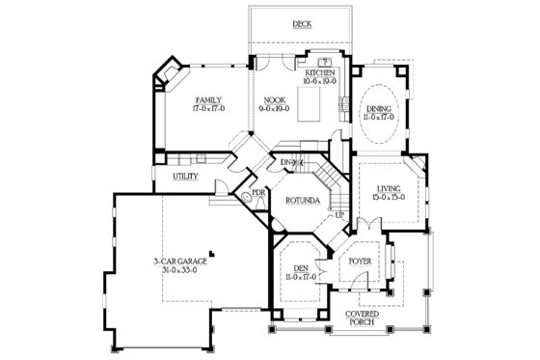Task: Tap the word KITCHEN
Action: pyautogui.click(x=320, y=73)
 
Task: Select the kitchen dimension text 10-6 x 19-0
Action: pyautogui.click(x=320, y=82)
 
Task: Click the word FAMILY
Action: pyautogui.click(x=208, y=100)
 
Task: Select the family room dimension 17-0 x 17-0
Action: pyautogui.click(x=208, y=109)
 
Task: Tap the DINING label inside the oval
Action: pyautogui.click(x=377, y=108)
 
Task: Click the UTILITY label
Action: pyautogui.click(x=186, y=178)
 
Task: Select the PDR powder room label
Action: pyautogui.click(x=258, y=192)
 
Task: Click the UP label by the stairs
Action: pyautogui.click(x=338, y=215)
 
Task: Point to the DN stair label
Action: pyautogui.click(x=286, y=161)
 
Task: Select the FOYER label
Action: pyautogui.click(x=360, y=259)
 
